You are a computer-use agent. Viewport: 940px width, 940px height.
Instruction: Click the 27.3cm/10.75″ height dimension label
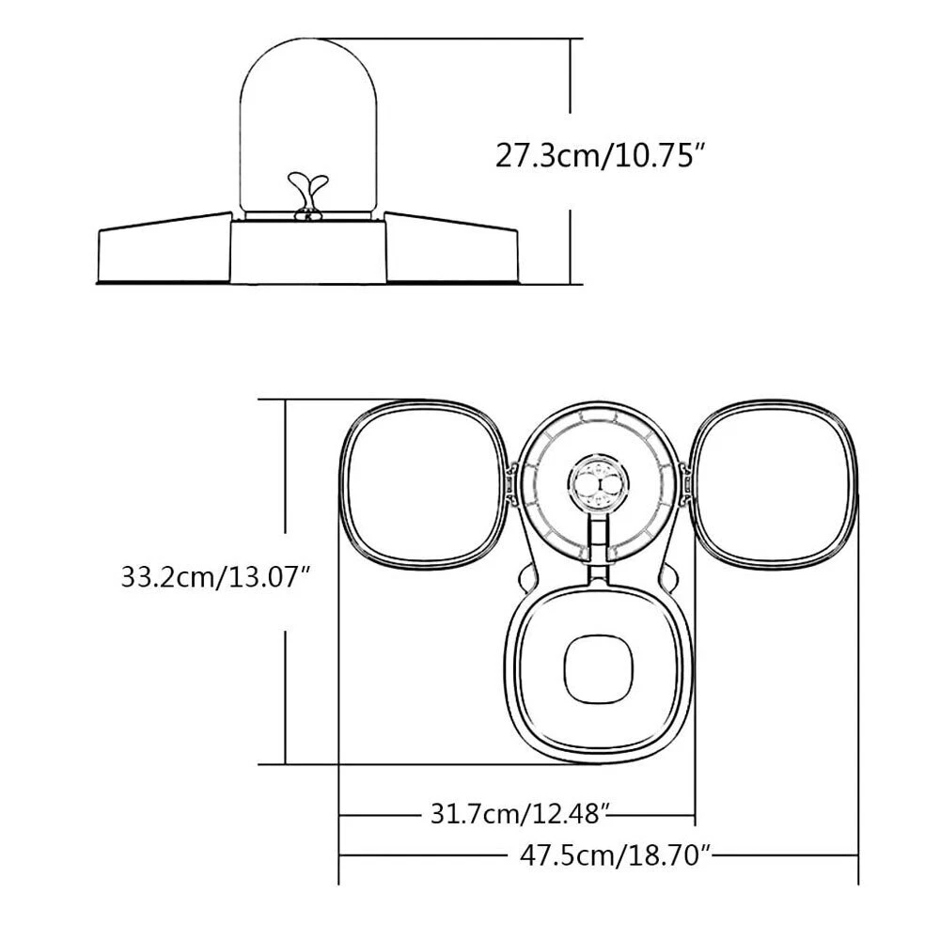(x=598, y=156)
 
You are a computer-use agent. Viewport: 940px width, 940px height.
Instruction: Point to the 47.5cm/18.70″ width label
(x=615, y=854)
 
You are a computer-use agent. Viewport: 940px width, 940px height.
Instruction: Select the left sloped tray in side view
(x=164, y=247)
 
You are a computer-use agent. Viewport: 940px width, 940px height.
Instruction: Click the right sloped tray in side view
(x=451, y=247)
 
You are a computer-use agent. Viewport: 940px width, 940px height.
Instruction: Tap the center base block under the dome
(x=308, y=252)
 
